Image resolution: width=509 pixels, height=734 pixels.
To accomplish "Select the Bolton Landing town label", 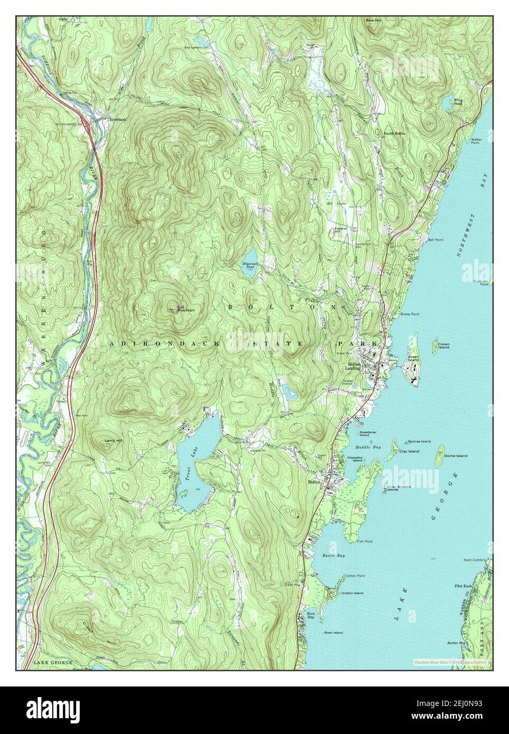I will pos(353,366).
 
